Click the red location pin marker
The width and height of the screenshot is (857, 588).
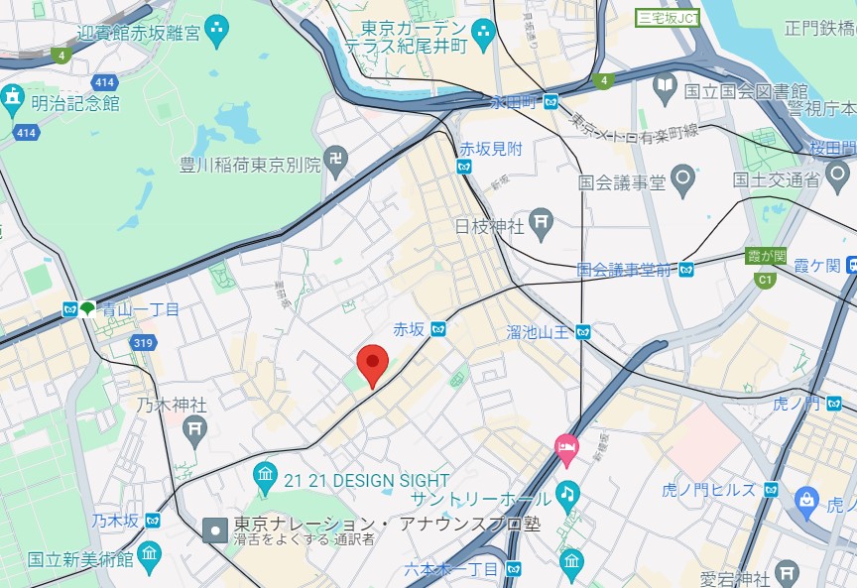point(373,364)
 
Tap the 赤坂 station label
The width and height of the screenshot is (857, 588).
point(408,329)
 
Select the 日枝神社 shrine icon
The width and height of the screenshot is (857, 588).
point(542,224)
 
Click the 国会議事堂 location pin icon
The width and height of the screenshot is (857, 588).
point(681,180)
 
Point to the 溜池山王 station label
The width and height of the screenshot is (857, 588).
point(538,331)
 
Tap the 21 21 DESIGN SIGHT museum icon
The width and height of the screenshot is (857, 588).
point(265,479)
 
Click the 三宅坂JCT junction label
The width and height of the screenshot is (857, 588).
point(668,16)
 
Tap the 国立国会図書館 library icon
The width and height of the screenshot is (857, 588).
point(666,90)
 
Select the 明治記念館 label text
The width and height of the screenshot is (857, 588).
point(74,102)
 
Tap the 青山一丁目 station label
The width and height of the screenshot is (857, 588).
point(140,309)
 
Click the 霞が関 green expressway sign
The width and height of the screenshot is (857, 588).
point(765,256)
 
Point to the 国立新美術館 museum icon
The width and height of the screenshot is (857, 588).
point(149,553)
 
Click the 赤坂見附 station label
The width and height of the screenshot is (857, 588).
point(490,148)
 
